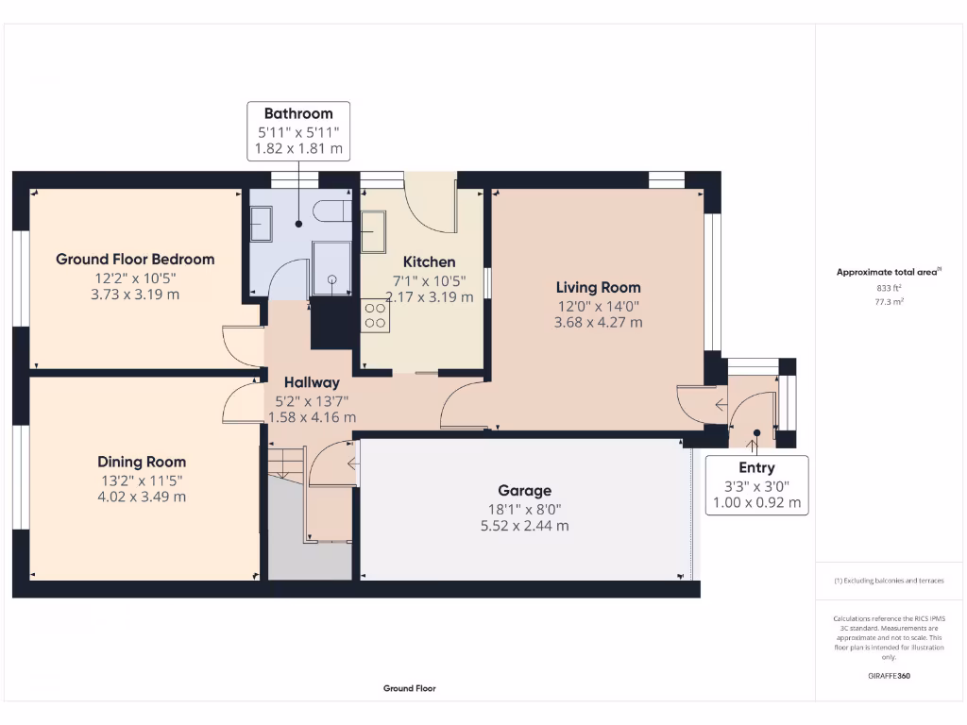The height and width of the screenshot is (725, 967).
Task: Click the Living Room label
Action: [598, 287]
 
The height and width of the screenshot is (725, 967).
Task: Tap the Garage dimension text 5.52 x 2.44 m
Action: [525, 526]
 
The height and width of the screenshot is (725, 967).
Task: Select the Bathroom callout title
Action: [298, 113]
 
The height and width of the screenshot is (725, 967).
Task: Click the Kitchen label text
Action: [429, 261]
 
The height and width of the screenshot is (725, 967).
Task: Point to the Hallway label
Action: [312, 382]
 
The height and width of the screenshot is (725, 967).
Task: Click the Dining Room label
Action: [142, 462]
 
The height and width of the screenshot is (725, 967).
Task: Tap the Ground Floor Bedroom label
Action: [135, 259]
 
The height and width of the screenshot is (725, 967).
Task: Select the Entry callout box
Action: [756, 484]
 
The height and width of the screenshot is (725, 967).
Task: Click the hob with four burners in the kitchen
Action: [376, 313]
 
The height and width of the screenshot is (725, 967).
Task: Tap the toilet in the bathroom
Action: [330, 210]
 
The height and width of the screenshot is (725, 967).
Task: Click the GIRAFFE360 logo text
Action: [890, 676]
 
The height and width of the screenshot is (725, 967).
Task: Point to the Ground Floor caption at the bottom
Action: [409, 688]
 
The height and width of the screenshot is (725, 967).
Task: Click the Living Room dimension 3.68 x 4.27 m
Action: [598, 322]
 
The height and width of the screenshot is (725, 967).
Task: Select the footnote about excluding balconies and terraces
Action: [889, 581]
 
